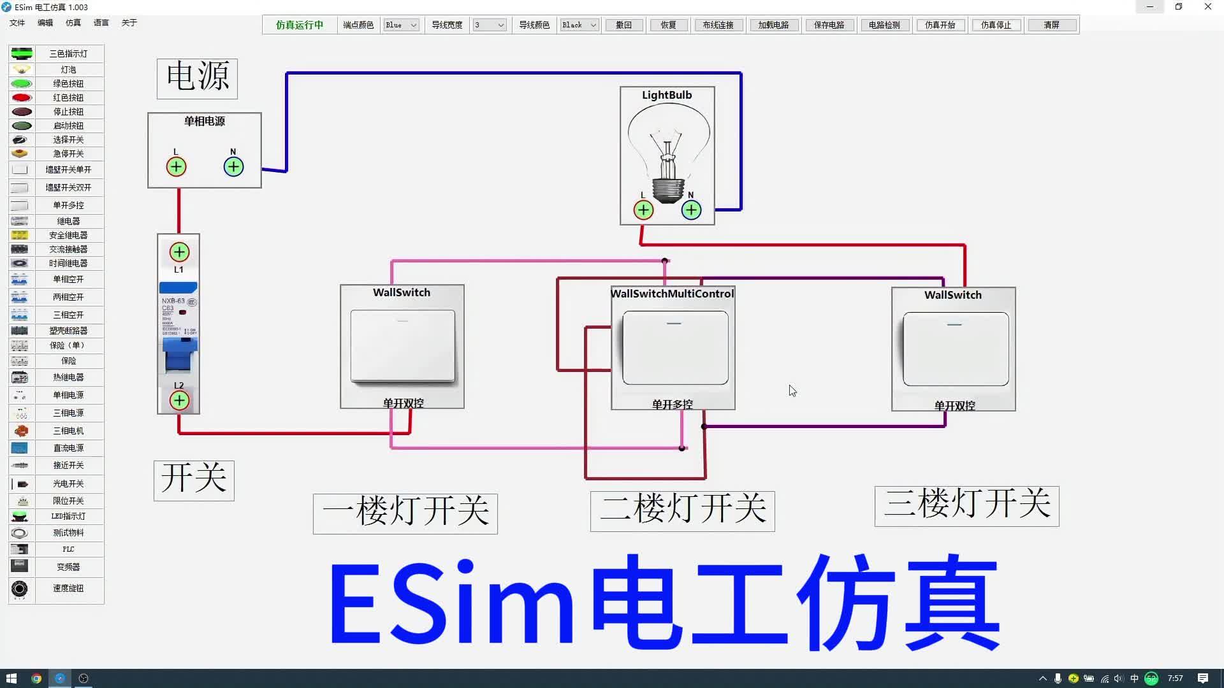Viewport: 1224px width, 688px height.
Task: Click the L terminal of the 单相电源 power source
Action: pos(176,167)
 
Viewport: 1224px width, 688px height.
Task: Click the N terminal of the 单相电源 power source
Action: pos(234,167)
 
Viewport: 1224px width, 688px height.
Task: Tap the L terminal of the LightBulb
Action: pos(643,210)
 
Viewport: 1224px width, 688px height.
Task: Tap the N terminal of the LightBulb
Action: pos(691,210)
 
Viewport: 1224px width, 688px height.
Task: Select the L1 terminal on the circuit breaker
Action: pos(179,252)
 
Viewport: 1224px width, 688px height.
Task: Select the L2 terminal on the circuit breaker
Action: pos(179,400)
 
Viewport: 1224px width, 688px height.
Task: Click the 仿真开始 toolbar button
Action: pos(940,25)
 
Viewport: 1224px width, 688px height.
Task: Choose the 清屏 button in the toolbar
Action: pos(1051,25)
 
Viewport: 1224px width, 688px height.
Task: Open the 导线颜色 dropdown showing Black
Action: pos(579,25)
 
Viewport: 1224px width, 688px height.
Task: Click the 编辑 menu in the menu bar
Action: pos(45,23)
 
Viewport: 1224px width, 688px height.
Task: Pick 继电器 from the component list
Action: pos(68,221)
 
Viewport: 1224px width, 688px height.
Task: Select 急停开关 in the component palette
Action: pos(68,154)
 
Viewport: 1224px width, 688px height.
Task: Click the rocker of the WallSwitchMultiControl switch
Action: pos(675,348)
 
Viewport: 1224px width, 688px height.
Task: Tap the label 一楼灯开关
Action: pos(405,513)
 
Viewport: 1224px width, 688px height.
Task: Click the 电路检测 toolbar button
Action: pos(884,25)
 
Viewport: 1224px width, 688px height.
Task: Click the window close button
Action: pos(1207,7)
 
